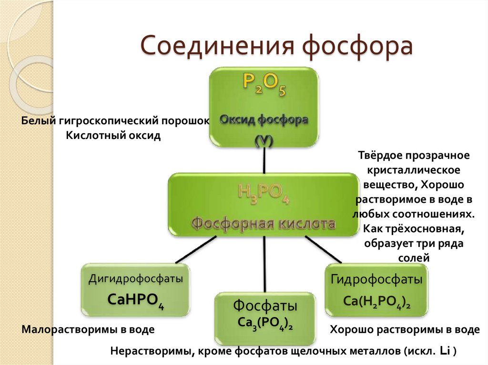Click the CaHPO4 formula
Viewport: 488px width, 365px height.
coord(136,301)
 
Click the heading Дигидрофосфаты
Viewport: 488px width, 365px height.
coord(136,279)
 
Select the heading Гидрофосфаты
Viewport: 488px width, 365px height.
coord(376,279)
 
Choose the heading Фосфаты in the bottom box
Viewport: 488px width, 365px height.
coord(265,305)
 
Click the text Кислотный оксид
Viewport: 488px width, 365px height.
coord(113,136)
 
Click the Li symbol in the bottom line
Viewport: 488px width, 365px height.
coord(445,352)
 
